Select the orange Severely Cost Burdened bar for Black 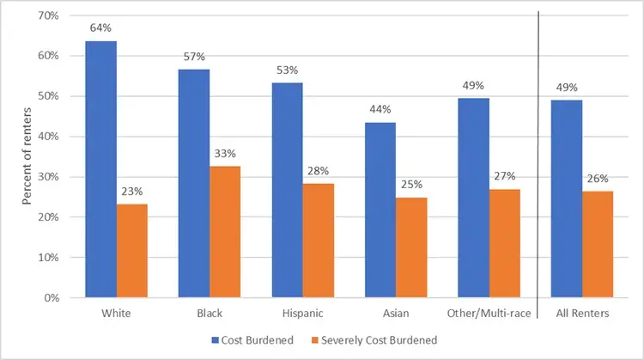coord(225,232)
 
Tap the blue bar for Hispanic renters coord(287,190)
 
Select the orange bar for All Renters coord(598,245)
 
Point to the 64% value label coord(100,27)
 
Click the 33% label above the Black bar coord(225,153)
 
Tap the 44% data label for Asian coord(380,109)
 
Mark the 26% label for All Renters coord(598,179)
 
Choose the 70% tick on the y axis coord(47,15)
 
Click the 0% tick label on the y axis coord(50,298)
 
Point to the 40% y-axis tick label coord(47,137)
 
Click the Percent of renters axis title coord(27,156)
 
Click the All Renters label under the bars coord(582,314)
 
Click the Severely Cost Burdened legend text coord(381,340)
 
